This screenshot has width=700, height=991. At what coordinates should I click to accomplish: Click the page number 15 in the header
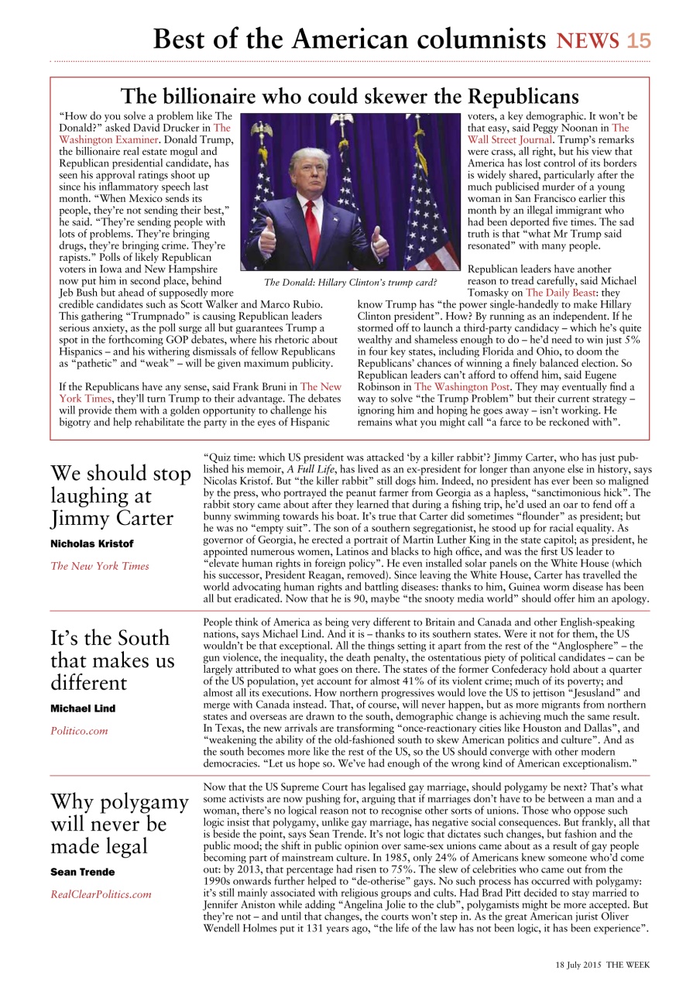pyautogui.click(x=639, y=40)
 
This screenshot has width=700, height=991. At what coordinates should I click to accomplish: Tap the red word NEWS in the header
pyautogui.click(x=588, y=40)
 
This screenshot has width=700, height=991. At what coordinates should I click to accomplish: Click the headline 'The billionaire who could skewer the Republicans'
pyautogui.click(x=349, y=96)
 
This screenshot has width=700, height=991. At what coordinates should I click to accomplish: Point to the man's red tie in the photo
pyautogui.click(x=312, y=225)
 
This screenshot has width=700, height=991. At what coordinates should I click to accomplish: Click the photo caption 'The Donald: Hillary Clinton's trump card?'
pyautogui.click(x=351, y=282)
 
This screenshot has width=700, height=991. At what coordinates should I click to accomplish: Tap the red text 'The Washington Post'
pyautogui.click(x=462, y=386)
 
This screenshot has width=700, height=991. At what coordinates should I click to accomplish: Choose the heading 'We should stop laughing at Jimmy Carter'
pyautogui.click(x=120, y=495)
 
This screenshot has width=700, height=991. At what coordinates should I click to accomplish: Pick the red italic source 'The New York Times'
pyautogui.click(x=100, y=566)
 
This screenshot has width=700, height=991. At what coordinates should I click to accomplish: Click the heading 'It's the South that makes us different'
pyautogui.click(x=112, y=660)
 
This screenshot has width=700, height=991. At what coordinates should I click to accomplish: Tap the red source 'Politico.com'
pyautogui.click(x=80, y=731)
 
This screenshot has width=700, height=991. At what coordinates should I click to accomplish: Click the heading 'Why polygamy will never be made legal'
pyautogui.click(x=118, y=824)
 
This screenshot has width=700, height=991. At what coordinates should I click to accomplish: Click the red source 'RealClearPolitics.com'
pyautogui.click(x=101, y=894)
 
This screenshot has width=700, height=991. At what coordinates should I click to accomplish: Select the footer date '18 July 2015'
pyautogui.click(x=579, y=965)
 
